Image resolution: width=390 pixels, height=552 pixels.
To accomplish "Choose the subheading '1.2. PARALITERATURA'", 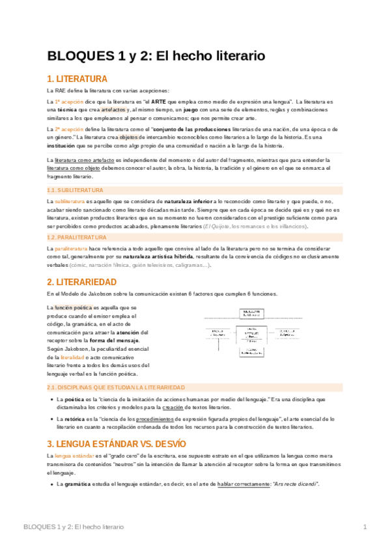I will pyautogui.click(x=78, y=238).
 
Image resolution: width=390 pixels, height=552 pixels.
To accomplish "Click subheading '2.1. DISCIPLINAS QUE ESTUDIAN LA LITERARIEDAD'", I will pyautogui.click(x=125, y=387).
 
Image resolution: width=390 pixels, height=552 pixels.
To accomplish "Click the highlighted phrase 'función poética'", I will pyautogui.click(x=73, y=307).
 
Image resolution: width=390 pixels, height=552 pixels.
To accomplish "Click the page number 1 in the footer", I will pyautogui.click(x=365, y=526).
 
